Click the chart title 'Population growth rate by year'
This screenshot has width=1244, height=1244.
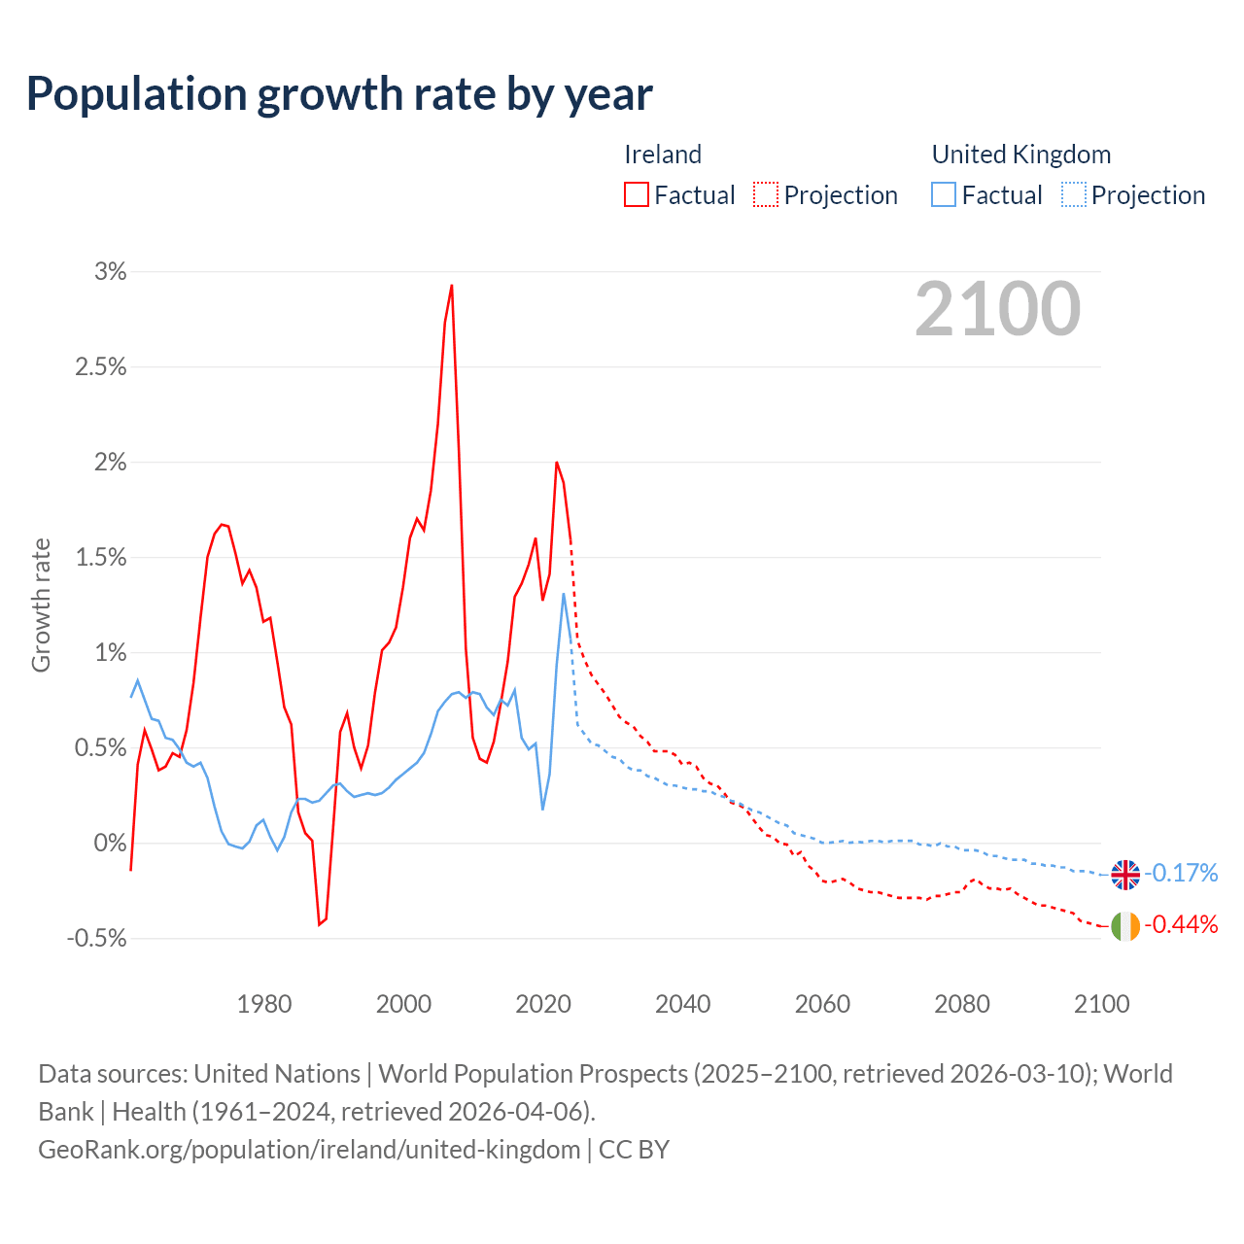coord(339,94)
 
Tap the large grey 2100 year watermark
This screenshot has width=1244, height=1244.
coord(997,309)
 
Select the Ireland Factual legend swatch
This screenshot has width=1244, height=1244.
coord(637,195)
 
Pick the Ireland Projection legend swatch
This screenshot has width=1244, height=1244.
coord(766,195)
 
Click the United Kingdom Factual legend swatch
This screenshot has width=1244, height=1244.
coord(944,195)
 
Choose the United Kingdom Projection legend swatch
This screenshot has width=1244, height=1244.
coord(1074,195)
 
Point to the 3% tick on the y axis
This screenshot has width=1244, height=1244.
coord(111,272)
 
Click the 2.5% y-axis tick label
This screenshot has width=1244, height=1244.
coord(101,367)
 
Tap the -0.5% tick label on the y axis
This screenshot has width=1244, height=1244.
coord(97,939)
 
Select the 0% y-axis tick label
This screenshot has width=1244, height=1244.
coord(111,844)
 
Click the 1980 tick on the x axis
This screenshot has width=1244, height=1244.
coord(264,1004)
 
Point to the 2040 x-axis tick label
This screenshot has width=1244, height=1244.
coord(683,1004)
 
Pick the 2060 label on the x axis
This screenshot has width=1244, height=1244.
coord(822,1004)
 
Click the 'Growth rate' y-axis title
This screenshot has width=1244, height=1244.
coord(41,605)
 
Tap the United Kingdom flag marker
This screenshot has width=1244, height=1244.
coord(1125,875)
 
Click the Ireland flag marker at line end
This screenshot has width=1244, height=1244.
coord(1125,926)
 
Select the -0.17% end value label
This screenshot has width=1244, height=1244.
coord(1181,874)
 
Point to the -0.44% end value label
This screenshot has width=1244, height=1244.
coord(1181,925)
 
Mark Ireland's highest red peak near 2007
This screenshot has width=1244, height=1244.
coord(452,286)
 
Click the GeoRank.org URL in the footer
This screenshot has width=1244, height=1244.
coord(309,1150)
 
